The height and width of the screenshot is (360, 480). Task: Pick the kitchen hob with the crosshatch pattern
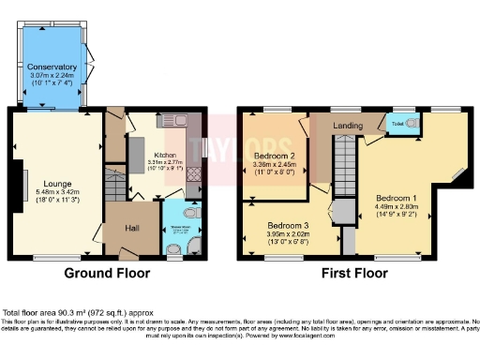coord(193,173)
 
